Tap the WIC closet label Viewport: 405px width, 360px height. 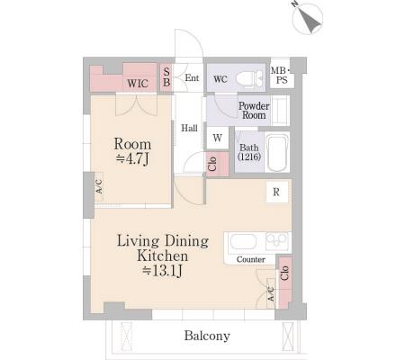pos(138,83)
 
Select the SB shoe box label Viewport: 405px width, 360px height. pos(166,76)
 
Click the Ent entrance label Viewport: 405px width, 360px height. pos(192,77)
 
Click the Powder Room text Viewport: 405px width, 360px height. pos(254,111)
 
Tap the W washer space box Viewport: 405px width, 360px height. pos(218,138)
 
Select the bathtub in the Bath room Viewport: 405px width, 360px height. pos(277,153)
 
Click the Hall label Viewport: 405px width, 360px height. pos(189,129)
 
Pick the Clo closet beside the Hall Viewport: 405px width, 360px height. pos(217,164)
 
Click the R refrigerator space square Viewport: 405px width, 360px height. pos(276,192)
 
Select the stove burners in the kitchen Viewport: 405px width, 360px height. pos(277,239)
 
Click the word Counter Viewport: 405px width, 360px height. pos(251,259)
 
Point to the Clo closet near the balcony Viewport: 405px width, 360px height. pos(285,282)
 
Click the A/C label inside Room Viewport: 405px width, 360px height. pos(99,186)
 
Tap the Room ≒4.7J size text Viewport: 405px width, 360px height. pos(132,151)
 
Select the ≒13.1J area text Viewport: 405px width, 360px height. pos(162,271)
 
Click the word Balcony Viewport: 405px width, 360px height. pos(207,336)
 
